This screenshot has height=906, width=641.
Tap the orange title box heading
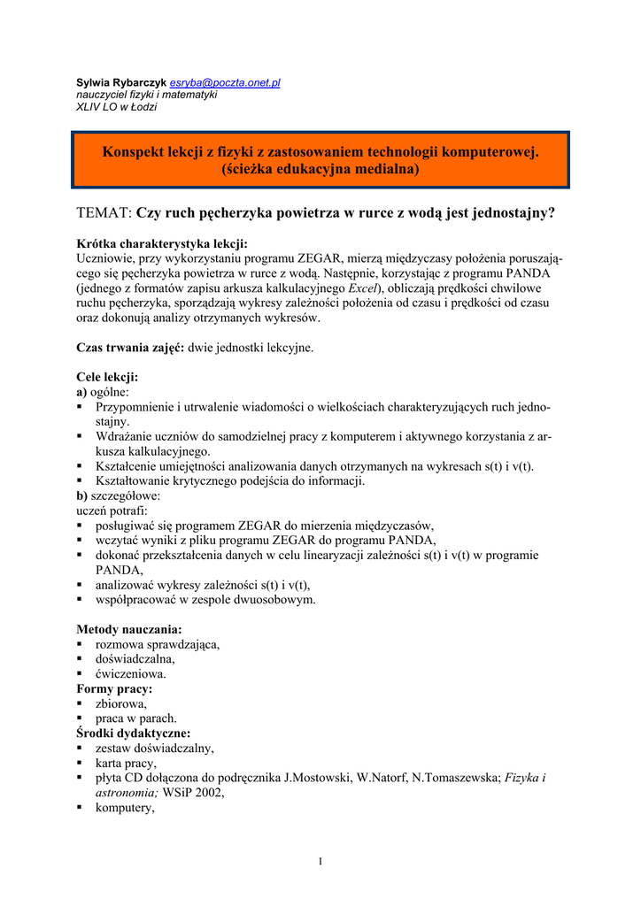point(320,160)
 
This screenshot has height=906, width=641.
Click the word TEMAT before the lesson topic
point(104,212)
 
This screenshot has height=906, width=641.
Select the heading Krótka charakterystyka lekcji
point(162,243)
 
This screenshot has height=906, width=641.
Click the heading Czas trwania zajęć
point(130,348)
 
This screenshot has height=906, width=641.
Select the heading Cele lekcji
point(107,377)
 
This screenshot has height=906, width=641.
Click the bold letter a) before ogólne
point(81,391)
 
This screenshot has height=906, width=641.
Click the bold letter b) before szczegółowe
point(82,496)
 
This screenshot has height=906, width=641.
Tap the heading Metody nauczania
point(129,629)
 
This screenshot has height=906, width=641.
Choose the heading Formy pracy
point(114,688)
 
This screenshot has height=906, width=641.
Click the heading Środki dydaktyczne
point(133,733)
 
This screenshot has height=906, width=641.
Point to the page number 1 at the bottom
point(320,862)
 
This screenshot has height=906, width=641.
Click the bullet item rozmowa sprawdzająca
point(157,644)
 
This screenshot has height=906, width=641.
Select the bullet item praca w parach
point(135,718)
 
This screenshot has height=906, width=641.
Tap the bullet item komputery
point(125,808)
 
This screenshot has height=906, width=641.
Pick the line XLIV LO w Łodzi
point(116,107)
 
